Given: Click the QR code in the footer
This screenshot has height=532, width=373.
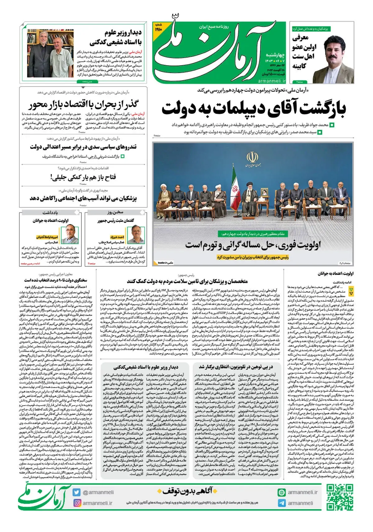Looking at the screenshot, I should pos(340,497).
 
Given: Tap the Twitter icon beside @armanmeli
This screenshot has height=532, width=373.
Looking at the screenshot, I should pos(76,492).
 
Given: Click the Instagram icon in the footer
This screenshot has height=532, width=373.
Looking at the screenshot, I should pos(76,503).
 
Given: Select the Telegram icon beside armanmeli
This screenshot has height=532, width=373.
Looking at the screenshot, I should pos(282,503).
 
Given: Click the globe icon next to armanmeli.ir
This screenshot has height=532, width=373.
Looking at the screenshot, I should pos(282,492).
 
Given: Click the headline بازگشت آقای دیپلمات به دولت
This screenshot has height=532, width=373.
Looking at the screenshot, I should pos(253,109).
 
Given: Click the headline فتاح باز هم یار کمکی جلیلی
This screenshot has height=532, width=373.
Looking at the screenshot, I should pos(83,177).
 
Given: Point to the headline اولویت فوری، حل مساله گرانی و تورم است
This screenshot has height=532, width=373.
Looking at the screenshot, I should pos(253,245).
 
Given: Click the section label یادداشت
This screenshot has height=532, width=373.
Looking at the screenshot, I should pos(50,213).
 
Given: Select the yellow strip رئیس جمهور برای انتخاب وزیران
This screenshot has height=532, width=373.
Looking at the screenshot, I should pos(252,257).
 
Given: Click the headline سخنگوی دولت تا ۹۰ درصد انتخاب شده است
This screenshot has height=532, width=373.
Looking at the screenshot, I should pos(56,280).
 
